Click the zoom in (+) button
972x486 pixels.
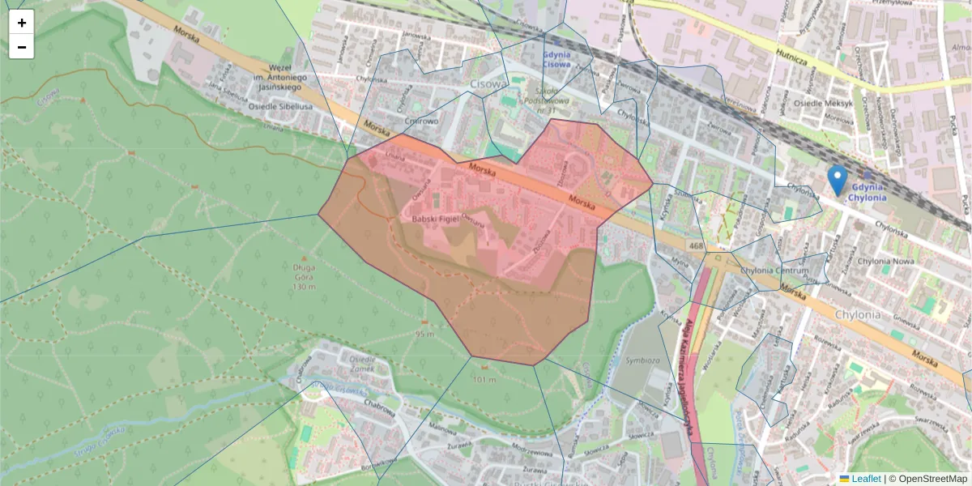[x=22, y=23]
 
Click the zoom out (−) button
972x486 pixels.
[x=22, y=47]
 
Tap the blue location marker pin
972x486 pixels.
[x=838, y=180]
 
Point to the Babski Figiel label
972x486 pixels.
[x=435, y=220]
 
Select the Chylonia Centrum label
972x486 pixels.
[x=781, y=271]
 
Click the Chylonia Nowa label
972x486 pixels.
[x=886, y=262]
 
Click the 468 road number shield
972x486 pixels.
[x=696, y=245]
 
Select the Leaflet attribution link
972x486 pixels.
[x=865, y=479]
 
